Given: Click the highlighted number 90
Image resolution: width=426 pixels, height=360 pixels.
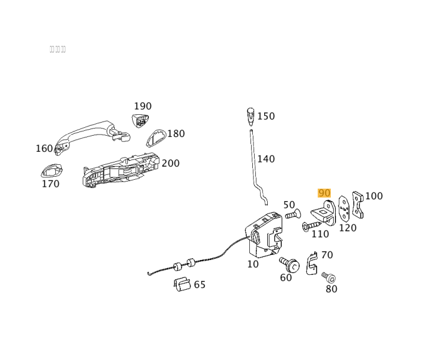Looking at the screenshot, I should click(x=324, y=193).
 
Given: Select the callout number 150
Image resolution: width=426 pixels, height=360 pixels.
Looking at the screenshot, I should click(x=266, y=117).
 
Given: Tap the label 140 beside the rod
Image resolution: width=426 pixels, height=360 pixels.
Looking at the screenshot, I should click(x=266, y=159).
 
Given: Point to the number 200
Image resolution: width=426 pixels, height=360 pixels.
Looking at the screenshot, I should click(x=171, y=164).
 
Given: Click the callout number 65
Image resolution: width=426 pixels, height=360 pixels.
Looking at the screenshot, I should click(x=200, y=285).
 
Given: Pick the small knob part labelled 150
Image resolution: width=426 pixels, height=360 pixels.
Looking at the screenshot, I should click(x=250, y=115).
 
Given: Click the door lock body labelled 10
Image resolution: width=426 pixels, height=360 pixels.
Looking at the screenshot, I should click(x=264, y=235).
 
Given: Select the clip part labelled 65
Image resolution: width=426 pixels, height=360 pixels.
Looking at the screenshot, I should click(x=182, y=284).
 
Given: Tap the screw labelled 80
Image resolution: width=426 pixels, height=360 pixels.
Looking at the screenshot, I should click(x=329, y=278).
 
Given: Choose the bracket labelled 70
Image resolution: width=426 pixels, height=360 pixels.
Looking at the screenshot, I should click(x=312, y=264).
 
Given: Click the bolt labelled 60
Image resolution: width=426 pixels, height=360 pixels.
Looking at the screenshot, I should click(x=290, y=264).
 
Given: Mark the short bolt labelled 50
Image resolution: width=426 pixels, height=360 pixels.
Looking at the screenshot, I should click(x=293, y=215).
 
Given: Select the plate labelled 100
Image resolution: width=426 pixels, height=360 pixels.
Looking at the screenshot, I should click(x=357, y=205).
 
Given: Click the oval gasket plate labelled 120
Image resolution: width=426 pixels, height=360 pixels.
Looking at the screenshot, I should click(x=344, y=209).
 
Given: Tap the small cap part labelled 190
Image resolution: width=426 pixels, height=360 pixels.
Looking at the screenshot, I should click(x=140, y=121).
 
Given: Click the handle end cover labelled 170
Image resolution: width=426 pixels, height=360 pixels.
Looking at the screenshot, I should click(x=51, y=172).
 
